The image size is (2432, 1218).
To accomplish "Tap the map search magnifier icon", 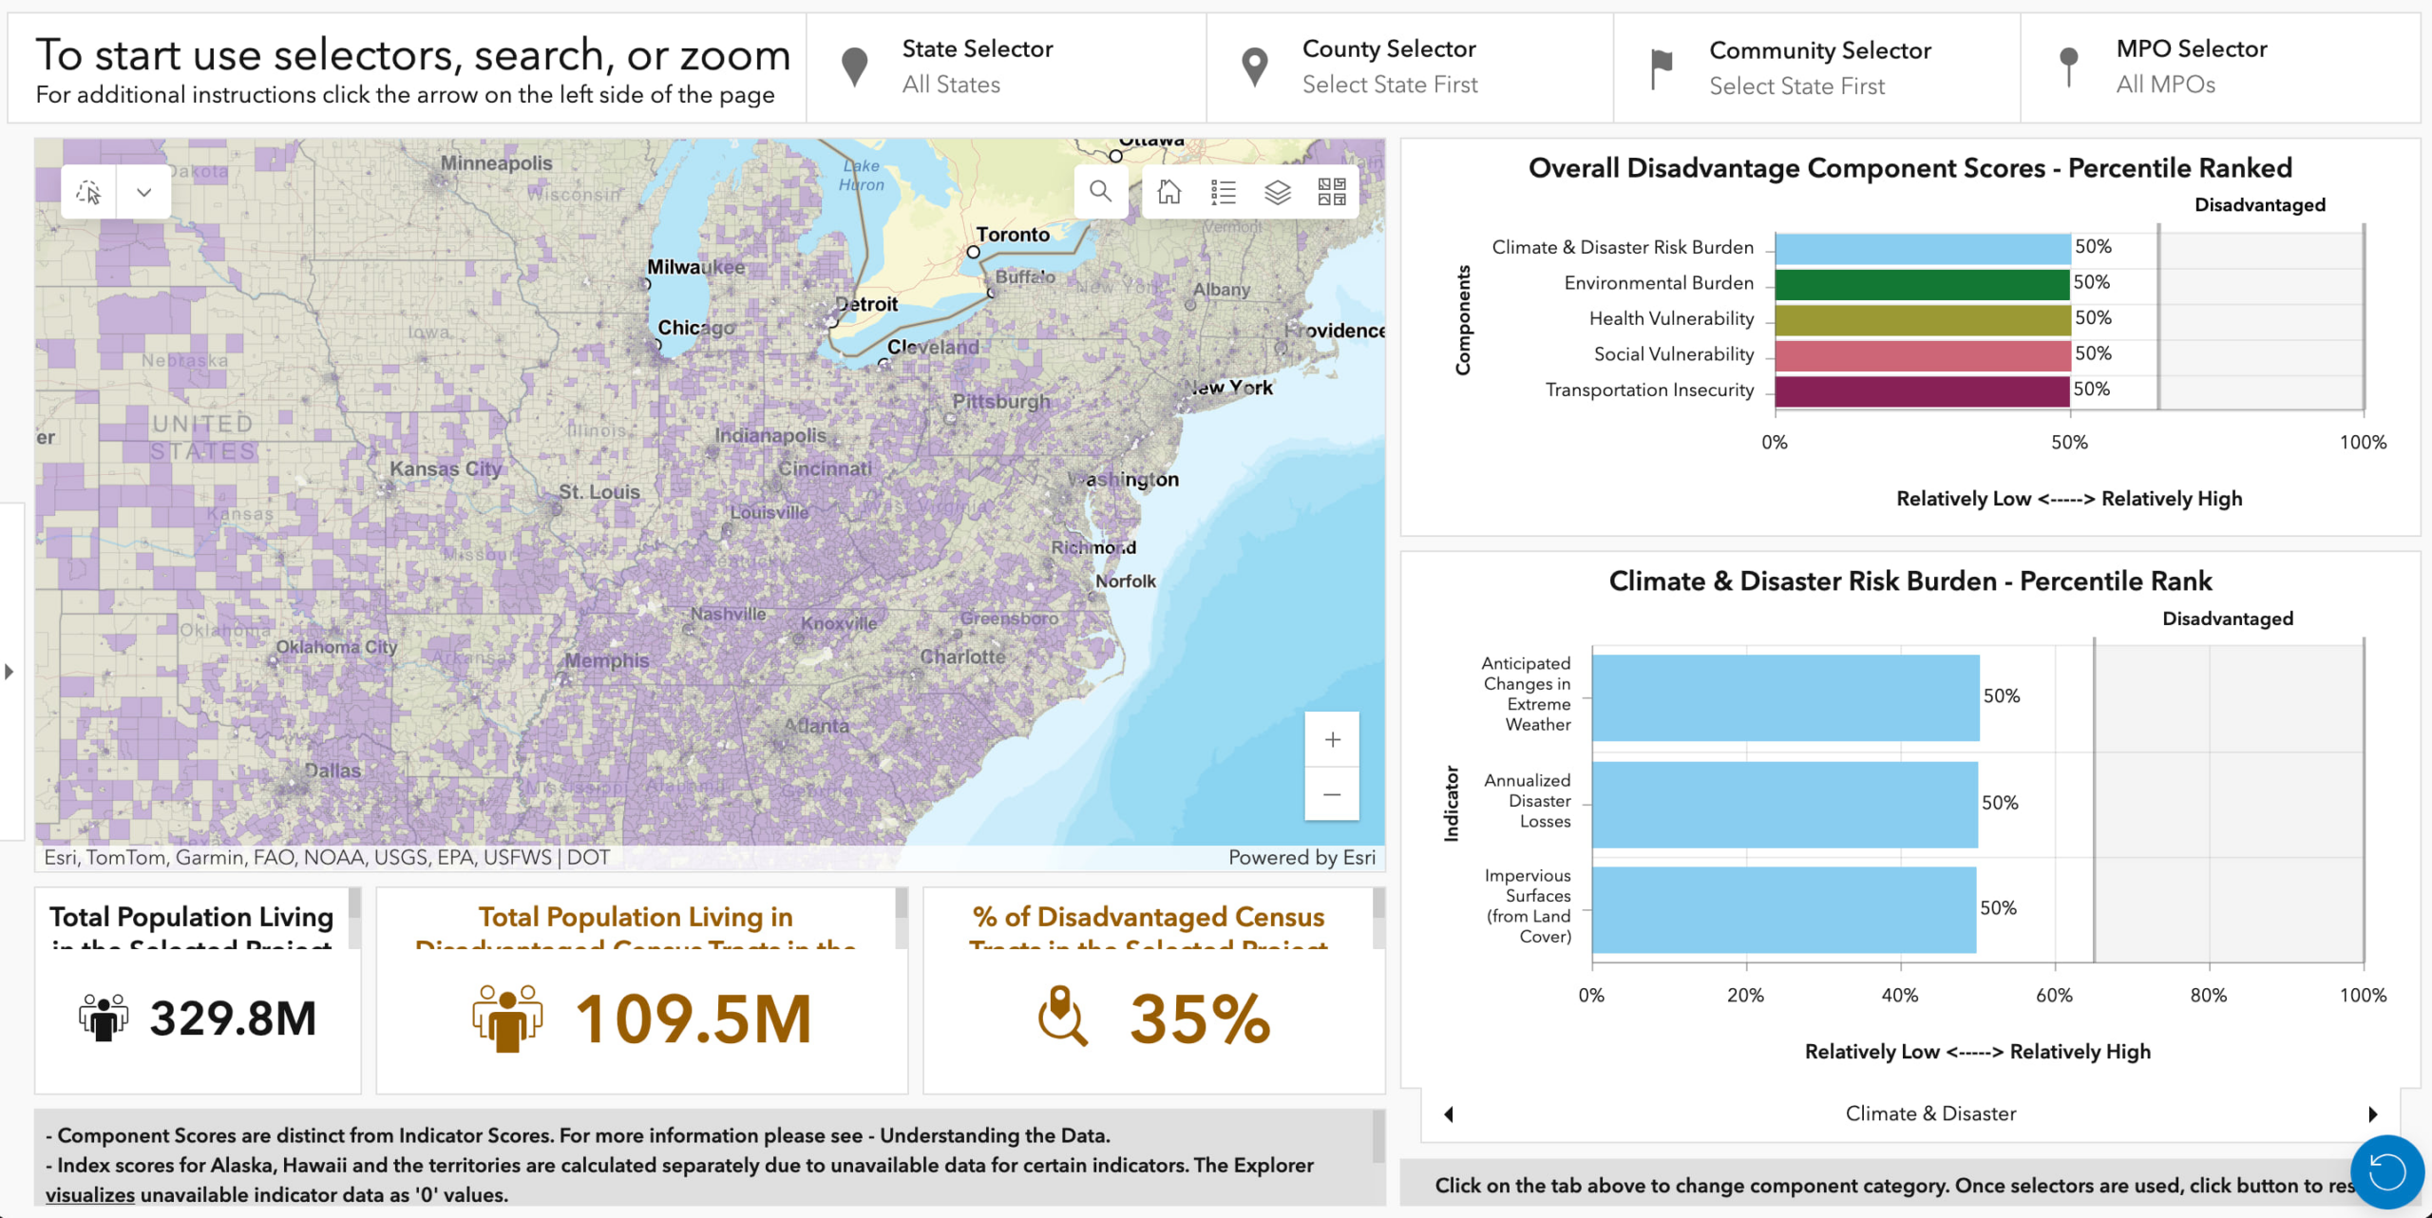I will (1100, 191).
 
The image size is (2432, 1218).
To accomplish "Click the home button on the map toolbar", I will (1168, 192).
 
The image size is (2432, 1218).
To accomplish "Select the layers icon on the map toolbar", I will (1278, 192).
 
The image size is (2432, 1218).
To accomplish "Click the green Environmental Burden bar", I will (1921, 284).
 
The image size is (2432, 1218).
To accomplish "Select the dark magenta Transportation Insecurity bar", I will (1921, 390).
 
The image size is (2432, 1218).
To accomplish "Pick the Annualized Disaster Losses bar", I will (1784, 804).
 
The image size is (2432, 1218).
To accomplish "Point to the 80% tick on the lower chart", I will (2208, 995).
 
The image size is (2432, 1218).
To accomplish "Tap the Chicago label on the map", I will (696, 328).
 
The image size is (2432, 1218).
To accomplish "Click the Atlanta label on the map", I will (816, 726).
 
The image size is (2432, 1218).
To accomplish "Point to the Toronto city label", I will (1013, 235).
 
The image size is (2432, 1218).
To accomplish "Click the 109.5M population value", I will (693, 1019).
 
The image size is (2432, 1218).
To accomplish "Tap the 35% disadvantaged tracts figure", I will (1199, 1019).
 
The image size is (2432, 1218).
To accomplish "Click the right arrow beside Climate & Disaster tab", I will (2372, 1113).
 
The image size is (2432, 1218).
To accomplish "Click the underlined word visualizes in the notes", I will (90, 1195).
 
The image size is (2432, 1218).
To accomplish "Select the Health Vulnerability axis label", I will (1671, 319).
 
